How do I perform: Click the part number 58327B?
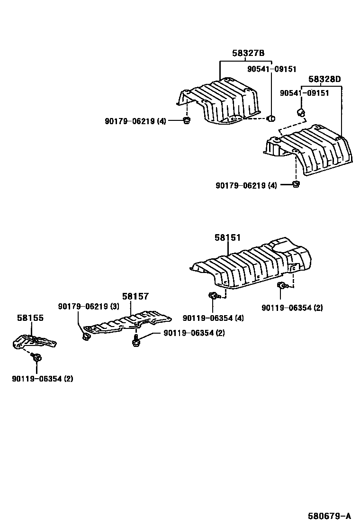248,54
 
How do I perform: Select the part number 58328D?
324,79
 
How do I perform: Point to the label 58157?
135,296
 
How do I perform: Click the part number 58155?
30,318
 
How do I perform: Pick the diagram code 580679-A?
328,516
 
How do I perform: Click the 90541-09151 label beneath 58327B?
271,69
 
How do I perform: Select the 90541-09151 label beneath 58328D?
304,93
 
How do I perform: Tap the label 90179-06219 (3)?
89,307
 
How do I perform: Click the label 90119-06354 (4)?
213,318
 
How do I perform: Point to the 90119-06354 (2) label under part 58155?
43,378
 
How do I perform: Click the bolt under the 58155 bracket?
37,357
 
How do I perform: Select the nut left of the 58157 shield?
86,336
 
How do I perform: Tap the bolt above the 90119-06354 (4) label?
213,297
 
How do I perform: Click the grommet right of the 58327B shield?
271,118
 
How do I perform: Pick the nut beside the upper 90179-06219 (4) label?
186,121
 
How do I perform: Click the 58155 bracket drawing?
34,342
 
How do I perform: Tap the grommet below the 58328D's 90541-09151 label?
300,112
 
